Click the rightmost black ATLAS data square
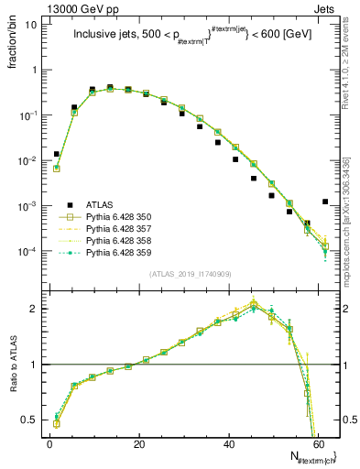[325, 202]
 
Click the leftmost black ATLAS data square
[57, 154]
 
